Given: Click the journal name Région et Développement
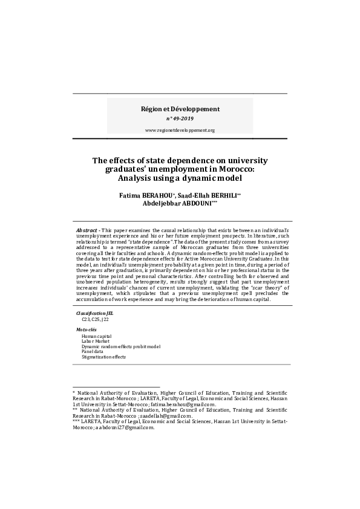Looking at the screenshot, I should [180, 109].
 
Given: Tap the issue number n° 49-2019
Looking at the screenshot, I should [180, 119].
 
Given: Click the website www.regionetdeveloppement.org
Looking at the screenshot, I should [180, 131].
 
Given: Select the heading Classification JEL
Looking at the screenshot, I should [94, 314].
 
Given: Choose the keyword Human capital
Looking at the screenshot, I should [97, 336].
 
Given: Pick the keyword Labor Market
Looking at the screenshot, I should [96, 341].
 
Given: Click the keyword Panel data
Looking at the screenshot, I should [93, 352].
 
